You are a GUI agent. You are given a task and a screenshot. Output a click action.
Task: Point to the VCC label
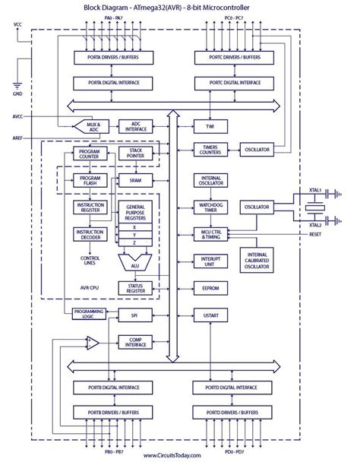point(17,24)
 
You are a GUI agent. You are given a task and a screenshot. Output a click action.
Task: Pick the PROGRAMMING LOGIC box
point(89,314)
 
